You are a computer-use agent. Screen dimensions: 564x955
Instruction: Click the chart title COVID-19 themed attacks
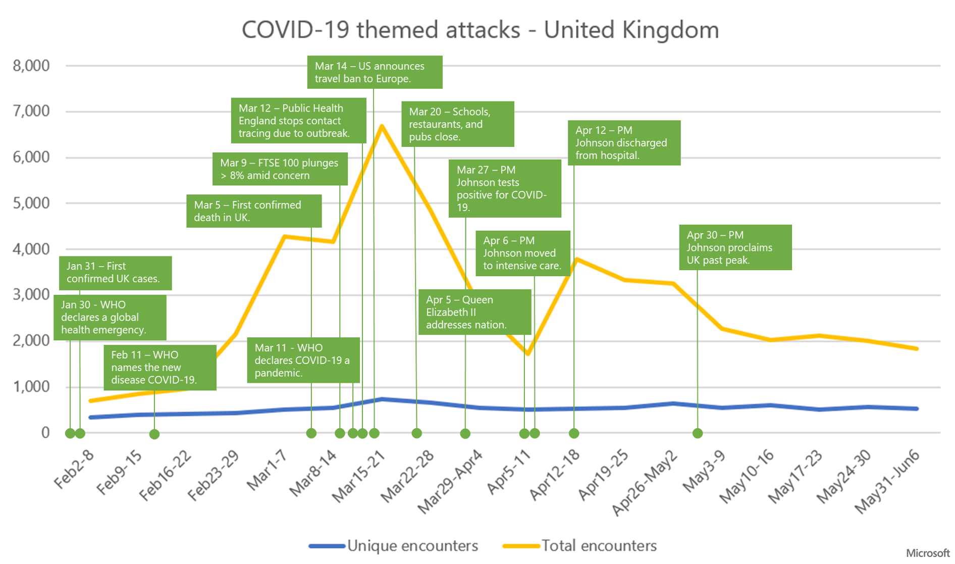(x=480, y=30)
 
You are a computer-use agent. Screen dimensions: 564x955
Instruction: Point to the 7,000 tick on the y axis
(x=31, y=111)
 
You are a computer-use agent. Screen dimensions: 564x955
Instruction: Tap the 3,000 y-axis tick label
(x=31, y=294)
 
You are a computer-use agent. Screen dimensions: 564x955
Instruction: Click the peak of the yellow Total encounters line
(x=382, y=126)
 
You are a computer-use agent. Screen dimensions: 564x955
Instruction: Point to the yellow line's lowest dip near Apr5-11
(x=527, y=353)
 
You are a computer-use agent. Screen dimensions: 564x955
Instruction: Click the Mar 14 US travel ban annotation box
(x=375, y=72)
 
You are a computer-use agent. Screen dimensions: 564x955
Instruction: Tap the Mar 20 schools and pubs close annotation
(x=457, y=124)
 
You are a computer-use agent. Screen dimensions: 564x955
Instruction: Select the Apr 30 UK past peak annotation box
(x=735, y=247)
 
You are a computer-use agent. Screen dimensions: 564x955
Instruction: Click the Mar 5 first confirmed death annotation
(x=254, y=211)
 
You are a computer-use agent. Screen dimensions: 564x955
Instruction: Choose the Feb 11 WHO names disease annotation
(x=160, y=368)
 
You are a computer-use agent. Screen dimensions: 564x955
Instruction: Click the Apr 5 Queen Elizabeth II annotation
(x=474, y=312)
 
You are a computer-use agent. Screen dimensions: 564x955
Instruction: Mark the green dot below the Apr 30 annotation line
(x=698, y=433)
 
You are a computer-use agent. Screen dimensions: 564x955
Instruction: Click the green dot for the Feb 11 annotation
(x=154, y=434)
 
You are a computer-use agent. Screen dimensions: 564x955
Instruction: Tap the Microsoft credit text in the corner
(x=927, y=553)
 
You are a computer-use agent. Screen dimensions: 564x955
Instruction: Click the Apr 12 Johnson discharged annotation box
(x=624, y=143)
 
